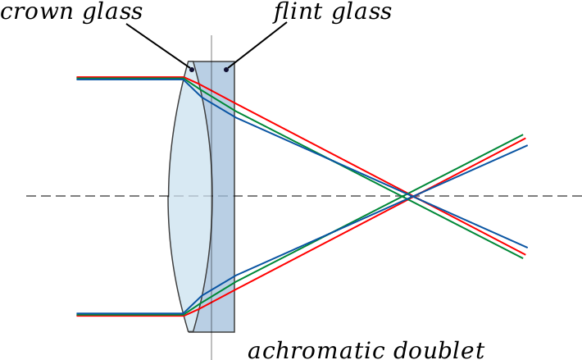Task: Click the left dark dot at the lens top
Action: [192, 69]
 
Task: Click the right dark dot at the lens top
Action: [226, 69]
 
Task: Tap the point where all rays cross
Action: [408, 196]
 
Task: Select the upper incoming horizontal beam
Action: [131, 78]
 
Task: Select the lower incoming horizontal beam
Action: [131, 315]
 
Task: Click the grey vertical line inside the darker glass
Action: [211, 246]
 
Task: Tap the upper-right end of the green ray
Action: [523, 134]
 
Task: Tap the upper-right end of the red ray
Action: [525, 139]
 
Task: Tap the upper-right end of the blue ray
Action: [527, 146]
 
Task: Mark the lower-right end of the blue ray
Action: [527, 247]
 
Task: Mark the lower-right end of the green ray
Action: [523, 257]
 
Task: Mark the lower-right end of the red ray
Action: [525, 253]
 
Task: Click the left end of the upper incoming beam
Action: [77, 78]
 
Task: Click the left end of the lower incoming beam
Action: [77, 315]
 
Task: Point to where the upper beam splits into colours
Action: [184, 79]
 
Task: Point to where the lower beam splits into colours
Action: [184, 314]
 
